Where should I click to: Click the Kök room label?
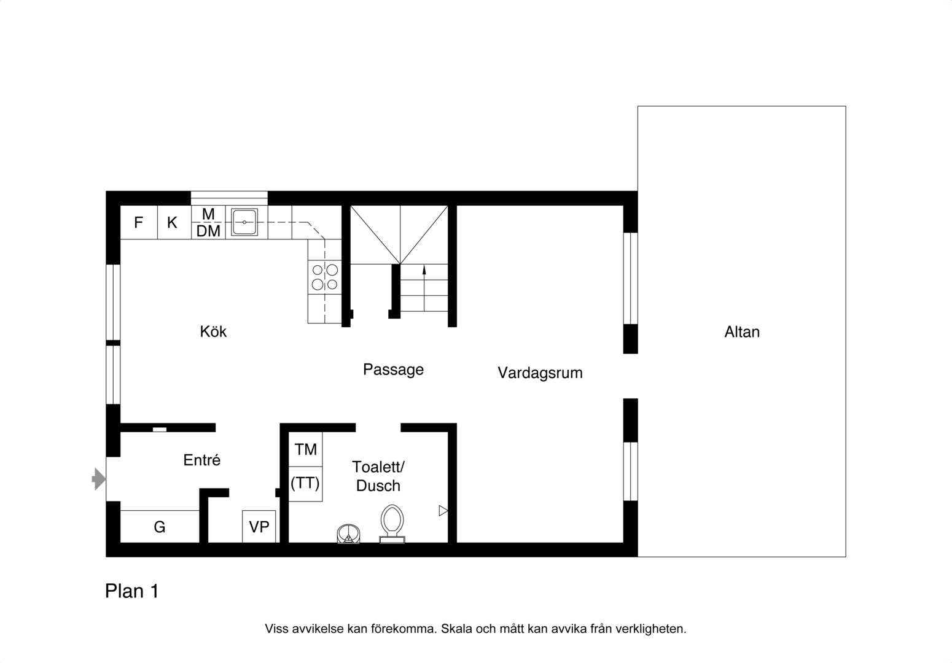[213, 331]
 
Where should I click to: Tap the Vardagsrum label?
[540, 373]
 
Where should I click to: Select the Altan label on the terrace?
[741, 331]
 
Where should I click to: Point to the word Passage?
[393, 370]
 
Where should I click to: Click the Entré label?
[202, 460]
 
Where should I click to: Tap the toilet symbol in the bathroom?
[392, 524]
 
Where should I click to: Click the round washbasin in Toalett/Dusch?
[348, 534]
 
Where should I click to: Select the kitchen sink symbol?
[244, 222]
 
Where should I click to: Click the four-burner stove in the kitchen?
[325, 276]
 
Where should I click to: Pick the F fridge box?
[139, 222]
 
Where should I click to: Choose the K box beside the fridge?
[174, 222]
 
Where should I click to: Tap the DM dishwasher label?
[208, 231]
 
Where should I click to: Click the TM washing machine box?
[306, 449]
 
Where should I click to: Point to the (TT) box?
[306, 484]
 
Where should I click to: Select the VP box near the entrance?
[259, 527]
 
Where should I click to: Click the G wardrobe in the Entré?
[160, 527]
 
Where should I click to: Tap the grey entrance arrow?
[99, 479]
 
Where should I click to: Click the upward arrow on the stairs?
[424, 288]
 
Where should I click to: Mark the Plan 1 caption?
[132, 591]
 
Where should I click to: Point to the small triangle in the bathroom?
[443, 511]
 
